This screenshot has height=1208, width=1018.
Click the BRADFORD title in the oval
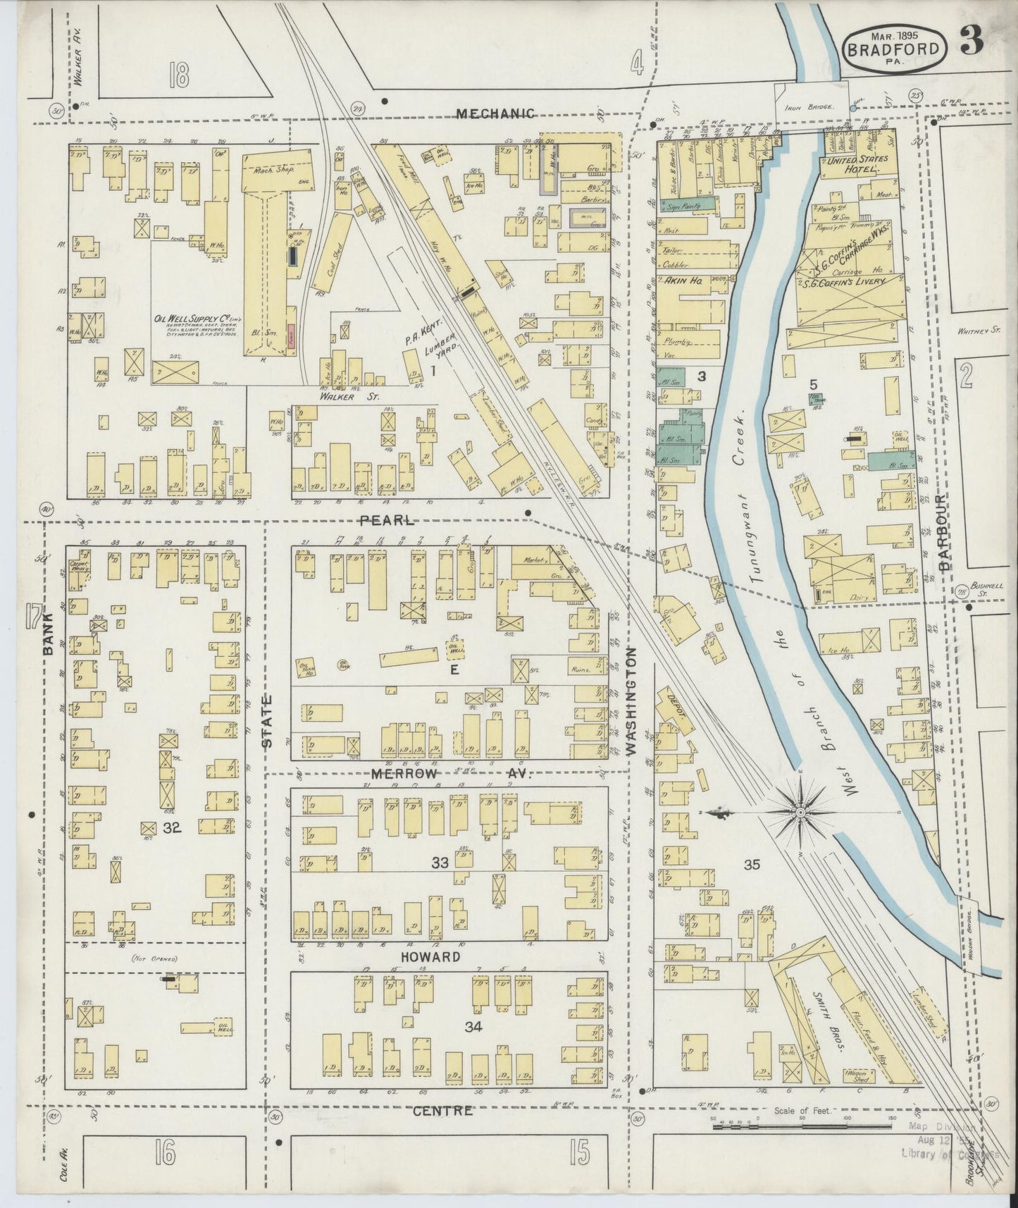click(893, 49)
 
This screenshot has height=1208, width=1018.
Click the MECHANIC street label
click(495, 113)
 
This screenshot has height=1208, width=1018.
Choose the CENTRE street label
click(442, 1111)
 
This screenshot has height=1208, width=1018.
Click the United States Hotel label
click(857, 165)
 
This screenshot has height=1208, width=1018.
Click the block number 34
click(473, 1027)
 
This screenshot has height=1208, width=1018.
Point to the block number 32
click(172, 828)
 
